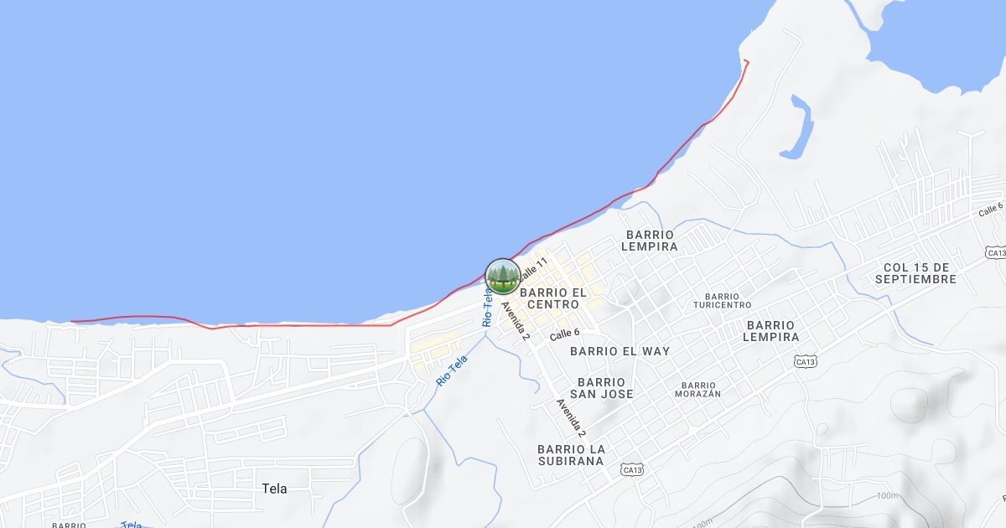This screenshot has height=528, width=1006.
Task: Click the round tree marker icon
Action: (502, 277)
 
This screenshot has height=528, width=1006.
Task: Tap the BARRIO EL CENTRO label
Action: (553, 298)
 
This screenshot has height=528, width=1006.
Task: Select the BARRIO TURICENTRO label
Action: (723, 301)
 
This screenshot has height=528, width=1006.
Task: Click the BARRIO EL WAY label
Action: (620, 351)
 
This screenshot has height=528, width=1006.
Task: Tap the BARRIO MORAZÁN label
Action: (697, 389)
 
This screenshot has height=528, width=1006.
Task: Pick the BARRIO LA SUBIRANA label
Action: (571, 454)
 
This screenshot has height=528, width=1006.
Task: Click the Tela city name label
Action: (274, 489)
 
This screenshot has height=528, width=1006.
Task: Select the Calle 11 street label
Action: (532, 269)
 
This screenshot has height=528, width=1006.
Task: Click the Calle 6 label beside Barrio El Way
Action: (564, 334)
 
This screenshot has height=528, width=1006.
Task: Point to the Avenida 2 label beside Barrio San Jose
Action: (571, 417)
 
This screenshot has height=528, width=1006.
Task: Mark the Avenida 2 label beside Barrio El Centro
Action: (516, 320)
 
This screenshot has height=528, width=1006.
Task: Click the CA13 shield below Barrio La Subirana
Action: (633, 470)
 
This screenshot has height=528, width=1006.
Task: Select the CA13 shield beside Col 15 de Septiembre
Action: (995, 252)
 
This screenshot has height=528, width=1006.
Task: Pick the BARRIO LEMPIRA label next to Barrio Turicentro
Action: (770, 331)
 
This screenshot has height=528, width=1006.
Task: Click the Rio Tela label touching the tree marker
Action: (487, 307)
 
